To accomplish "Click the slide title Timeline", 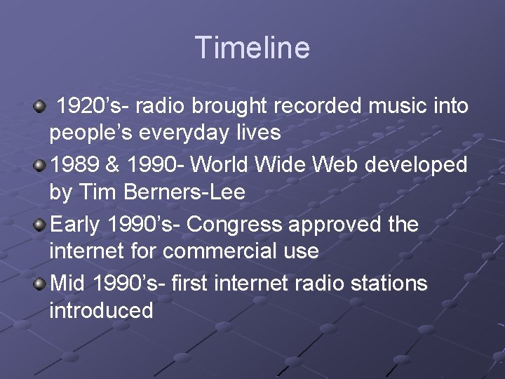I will tap(252, 48).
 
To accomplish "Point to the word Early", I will tap(76, 225).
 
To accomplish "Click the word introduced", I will tap(101, 310).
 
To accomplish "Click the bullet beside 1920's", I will tap(39, 106).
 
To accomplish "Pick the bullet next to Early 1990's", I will tap(39, 225).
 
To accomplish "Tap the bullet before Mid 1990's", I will tap(39, 284).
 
